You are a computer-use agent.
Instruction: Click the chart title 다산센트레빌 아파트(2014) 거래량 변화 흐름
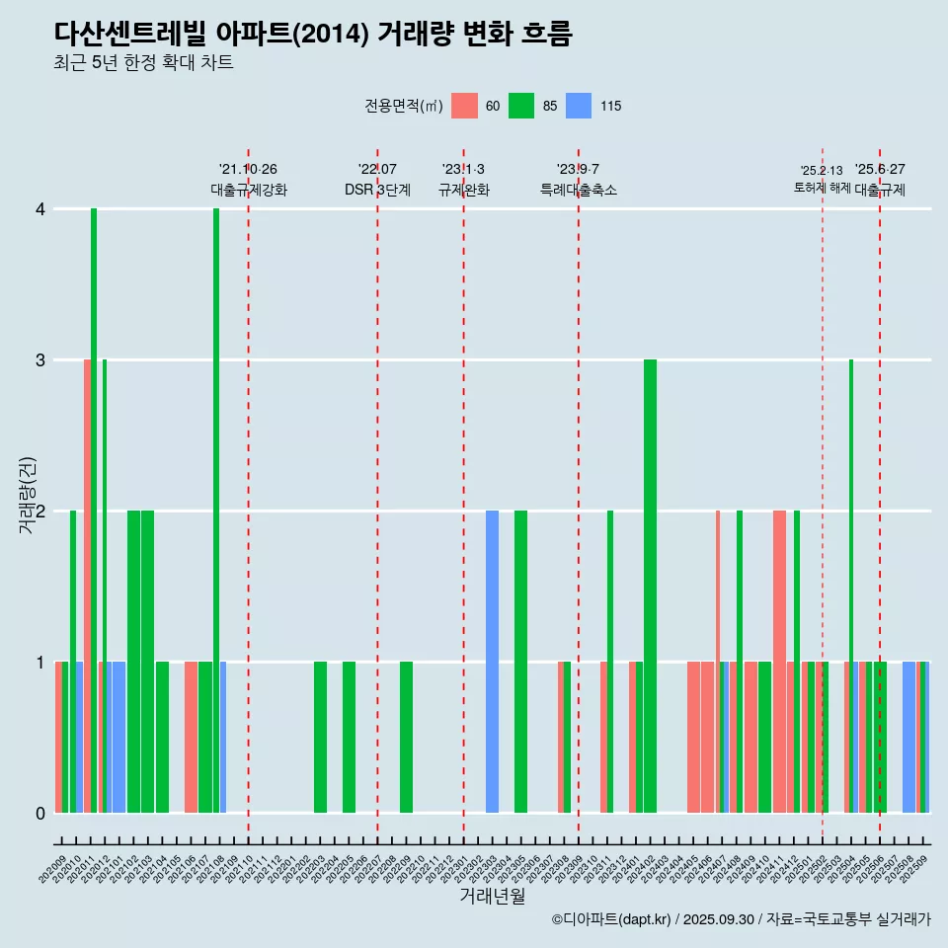313,35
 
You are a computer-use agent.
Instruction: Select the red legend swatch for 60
464,106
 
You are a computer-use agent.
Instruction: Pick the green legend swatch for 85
521,106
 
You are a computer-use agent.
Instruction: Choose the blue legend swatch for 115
579,106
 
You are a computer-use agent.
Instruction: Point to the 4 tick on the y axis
40,209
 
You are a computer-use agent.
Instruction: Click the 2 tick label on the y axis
40,512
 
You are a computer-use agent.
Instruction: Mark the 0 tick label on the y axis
40,814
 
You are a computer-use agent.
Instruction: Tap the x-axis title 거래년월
492,896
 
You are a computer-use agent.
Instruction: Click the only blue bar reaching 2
492,662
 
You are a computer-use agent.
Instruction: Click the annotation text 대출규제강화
249,190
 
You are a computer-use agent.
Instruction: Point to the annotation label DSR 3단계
377,190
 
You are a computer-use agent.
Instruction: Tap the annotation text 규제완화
464,190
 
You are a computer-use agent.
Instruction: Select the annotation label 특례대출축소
579,190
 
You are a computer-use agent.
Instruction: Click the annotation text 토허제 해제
822,188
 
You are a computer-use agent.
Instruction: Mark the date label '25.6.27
880,170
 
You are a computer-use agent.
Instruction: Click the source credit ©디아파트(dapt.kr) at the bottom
612,919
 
